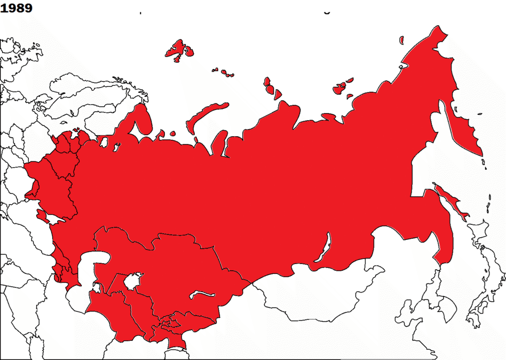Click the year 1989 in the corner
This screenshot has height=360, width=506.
click(x=17, y=8)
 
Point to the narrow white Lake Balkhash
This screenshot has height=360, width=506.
click(x=203, y=294)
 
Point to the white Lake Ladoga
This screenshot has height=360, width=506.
click(x=105, y=142)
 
